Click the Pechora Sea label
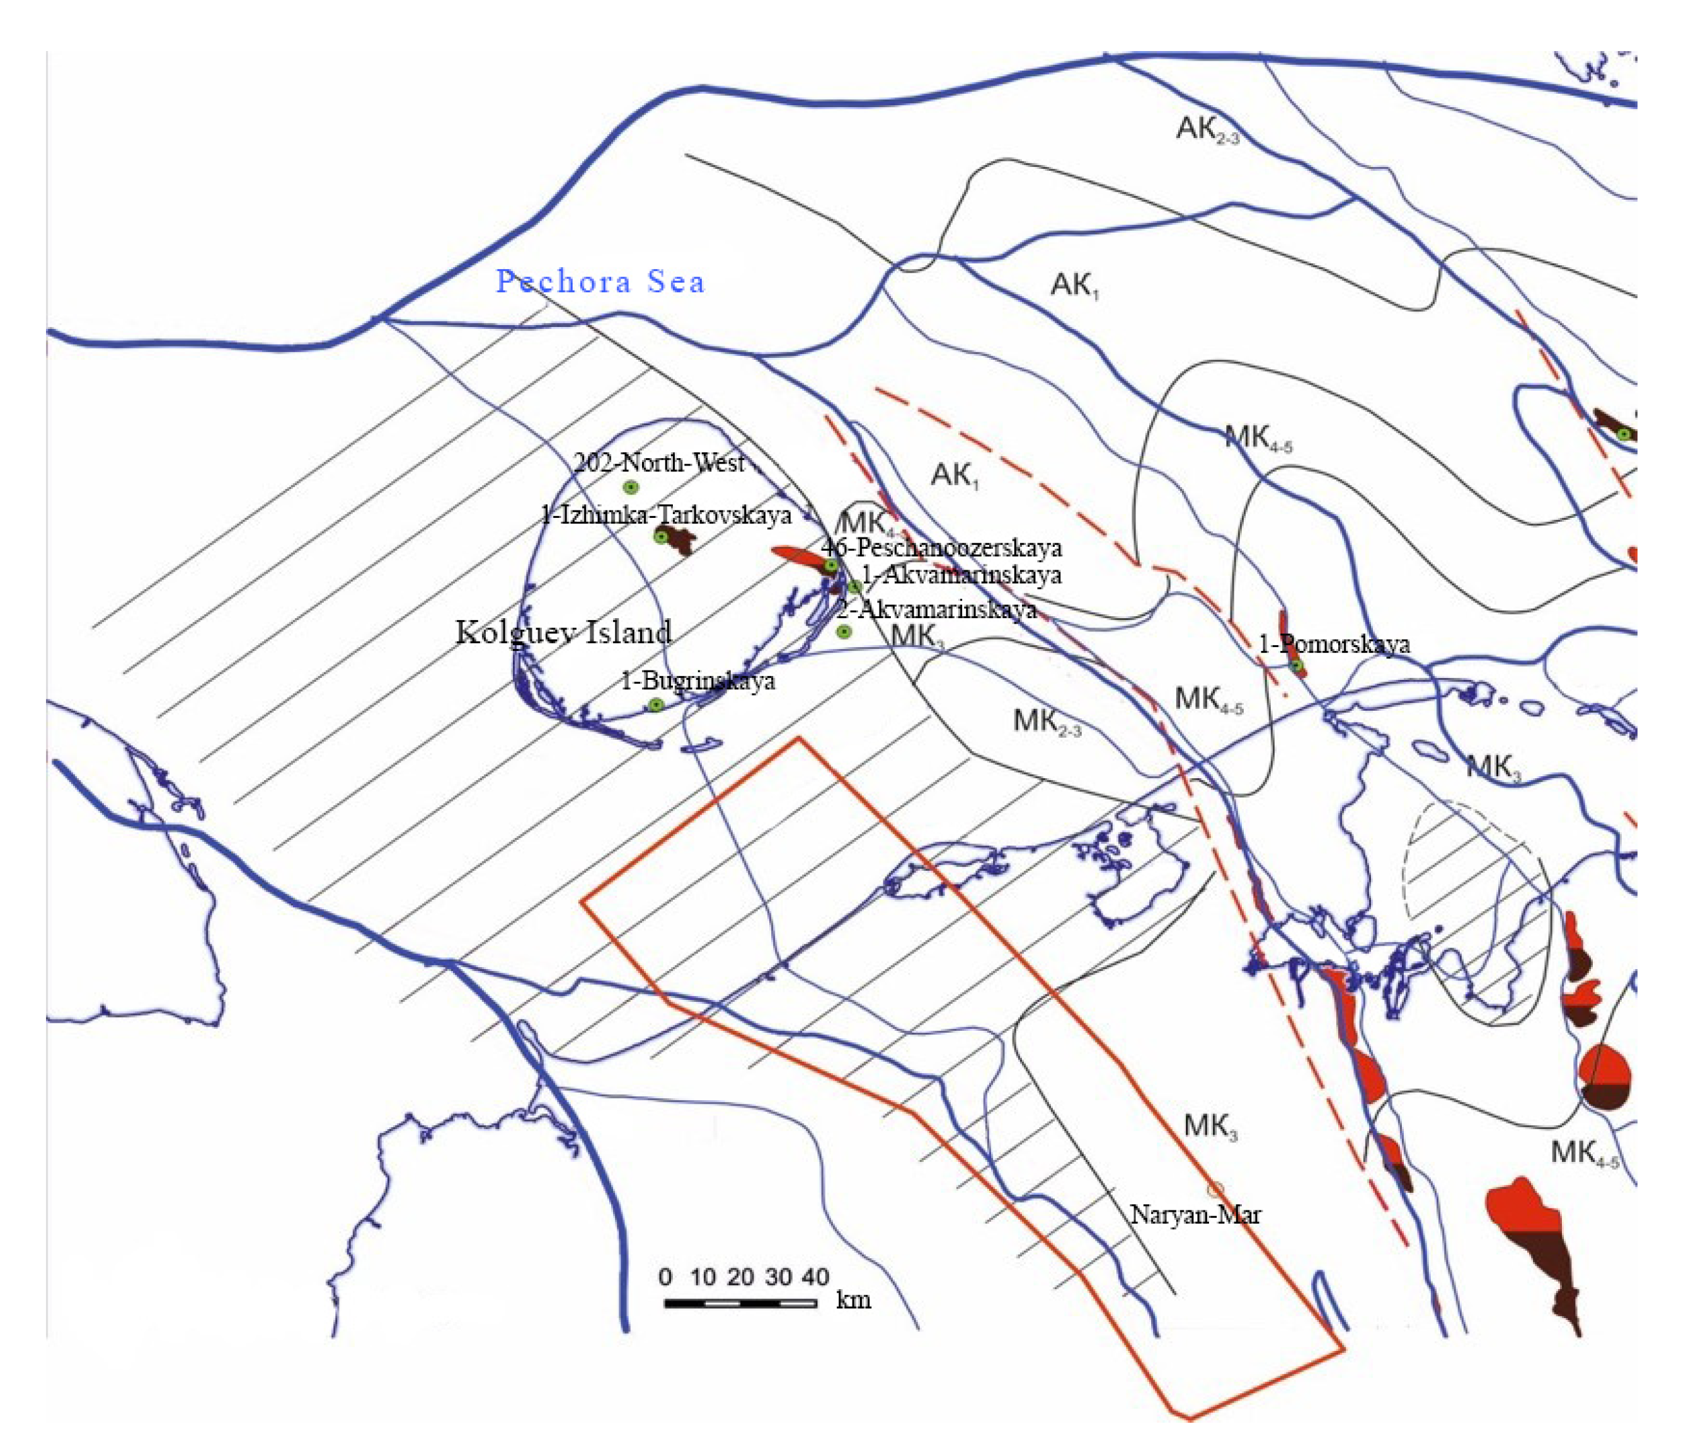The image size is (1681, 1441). [x=600, y=282]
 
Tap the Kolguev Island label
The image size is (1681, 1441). [x=564, y=632]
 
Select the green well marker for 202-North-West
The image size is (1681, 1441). [x=629, y=488]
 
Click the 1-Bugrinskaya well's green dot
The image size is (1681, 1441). [x=655, y=705]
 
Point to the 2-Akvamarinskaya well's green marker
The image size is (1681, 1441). [x=844, y=632]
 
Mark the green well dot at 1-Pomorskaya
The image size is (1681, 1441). [x=1297, y=666]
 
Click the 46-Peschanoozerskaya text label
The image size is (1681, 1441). [x=941, y=548]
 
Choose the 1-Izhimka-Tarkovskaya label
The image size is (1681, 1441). [x=666, y=514]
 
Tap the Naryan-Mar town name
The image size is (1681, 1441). [x=1196, y=1215]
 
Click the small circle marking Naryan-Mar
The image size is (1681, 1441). [x=1215, y=1190]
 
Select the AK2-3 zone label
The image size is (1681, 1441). [x=1207, y=129]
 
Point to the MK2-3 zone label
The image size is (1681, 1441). [x=1047, y=721]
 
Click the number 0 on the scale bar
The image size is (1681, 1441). [x=665, y=1277]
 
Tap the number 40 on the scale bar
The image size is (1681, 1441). [x=815, y=1277]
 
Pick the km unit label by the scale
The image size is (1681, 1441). [x=854, y=1300]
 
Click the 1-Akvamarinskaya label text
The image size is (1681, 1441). [x=961, y=575]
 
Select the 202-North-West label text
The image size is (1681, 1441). [x=659, y=462]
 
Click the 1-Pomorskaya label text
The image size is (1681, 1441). [x=1334, y=644]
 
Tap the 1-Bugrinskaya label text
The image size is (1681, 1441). [x=697, y=680]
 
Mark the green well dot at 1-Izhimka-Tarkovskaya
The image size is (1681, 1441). [x=661, y=536]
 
